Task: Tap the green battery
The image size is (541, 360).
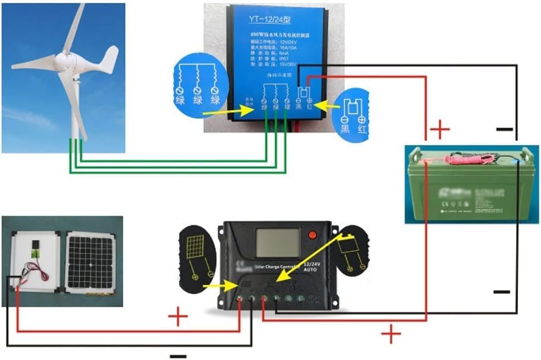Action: (x=471, y=187)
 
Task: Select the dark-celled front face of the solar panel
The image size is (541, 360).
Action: (x=90, y=261)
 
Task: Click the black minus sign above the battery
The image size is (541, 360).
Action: (x=504, y=129)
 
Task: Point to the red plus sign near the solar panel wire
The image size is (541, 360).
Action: (x=178, y=318)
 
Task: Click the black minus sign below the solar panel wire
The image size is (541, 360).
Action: (x=178, y=356)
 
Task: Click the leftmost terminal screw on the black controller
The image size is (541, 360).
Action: (x=240, y=299)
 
